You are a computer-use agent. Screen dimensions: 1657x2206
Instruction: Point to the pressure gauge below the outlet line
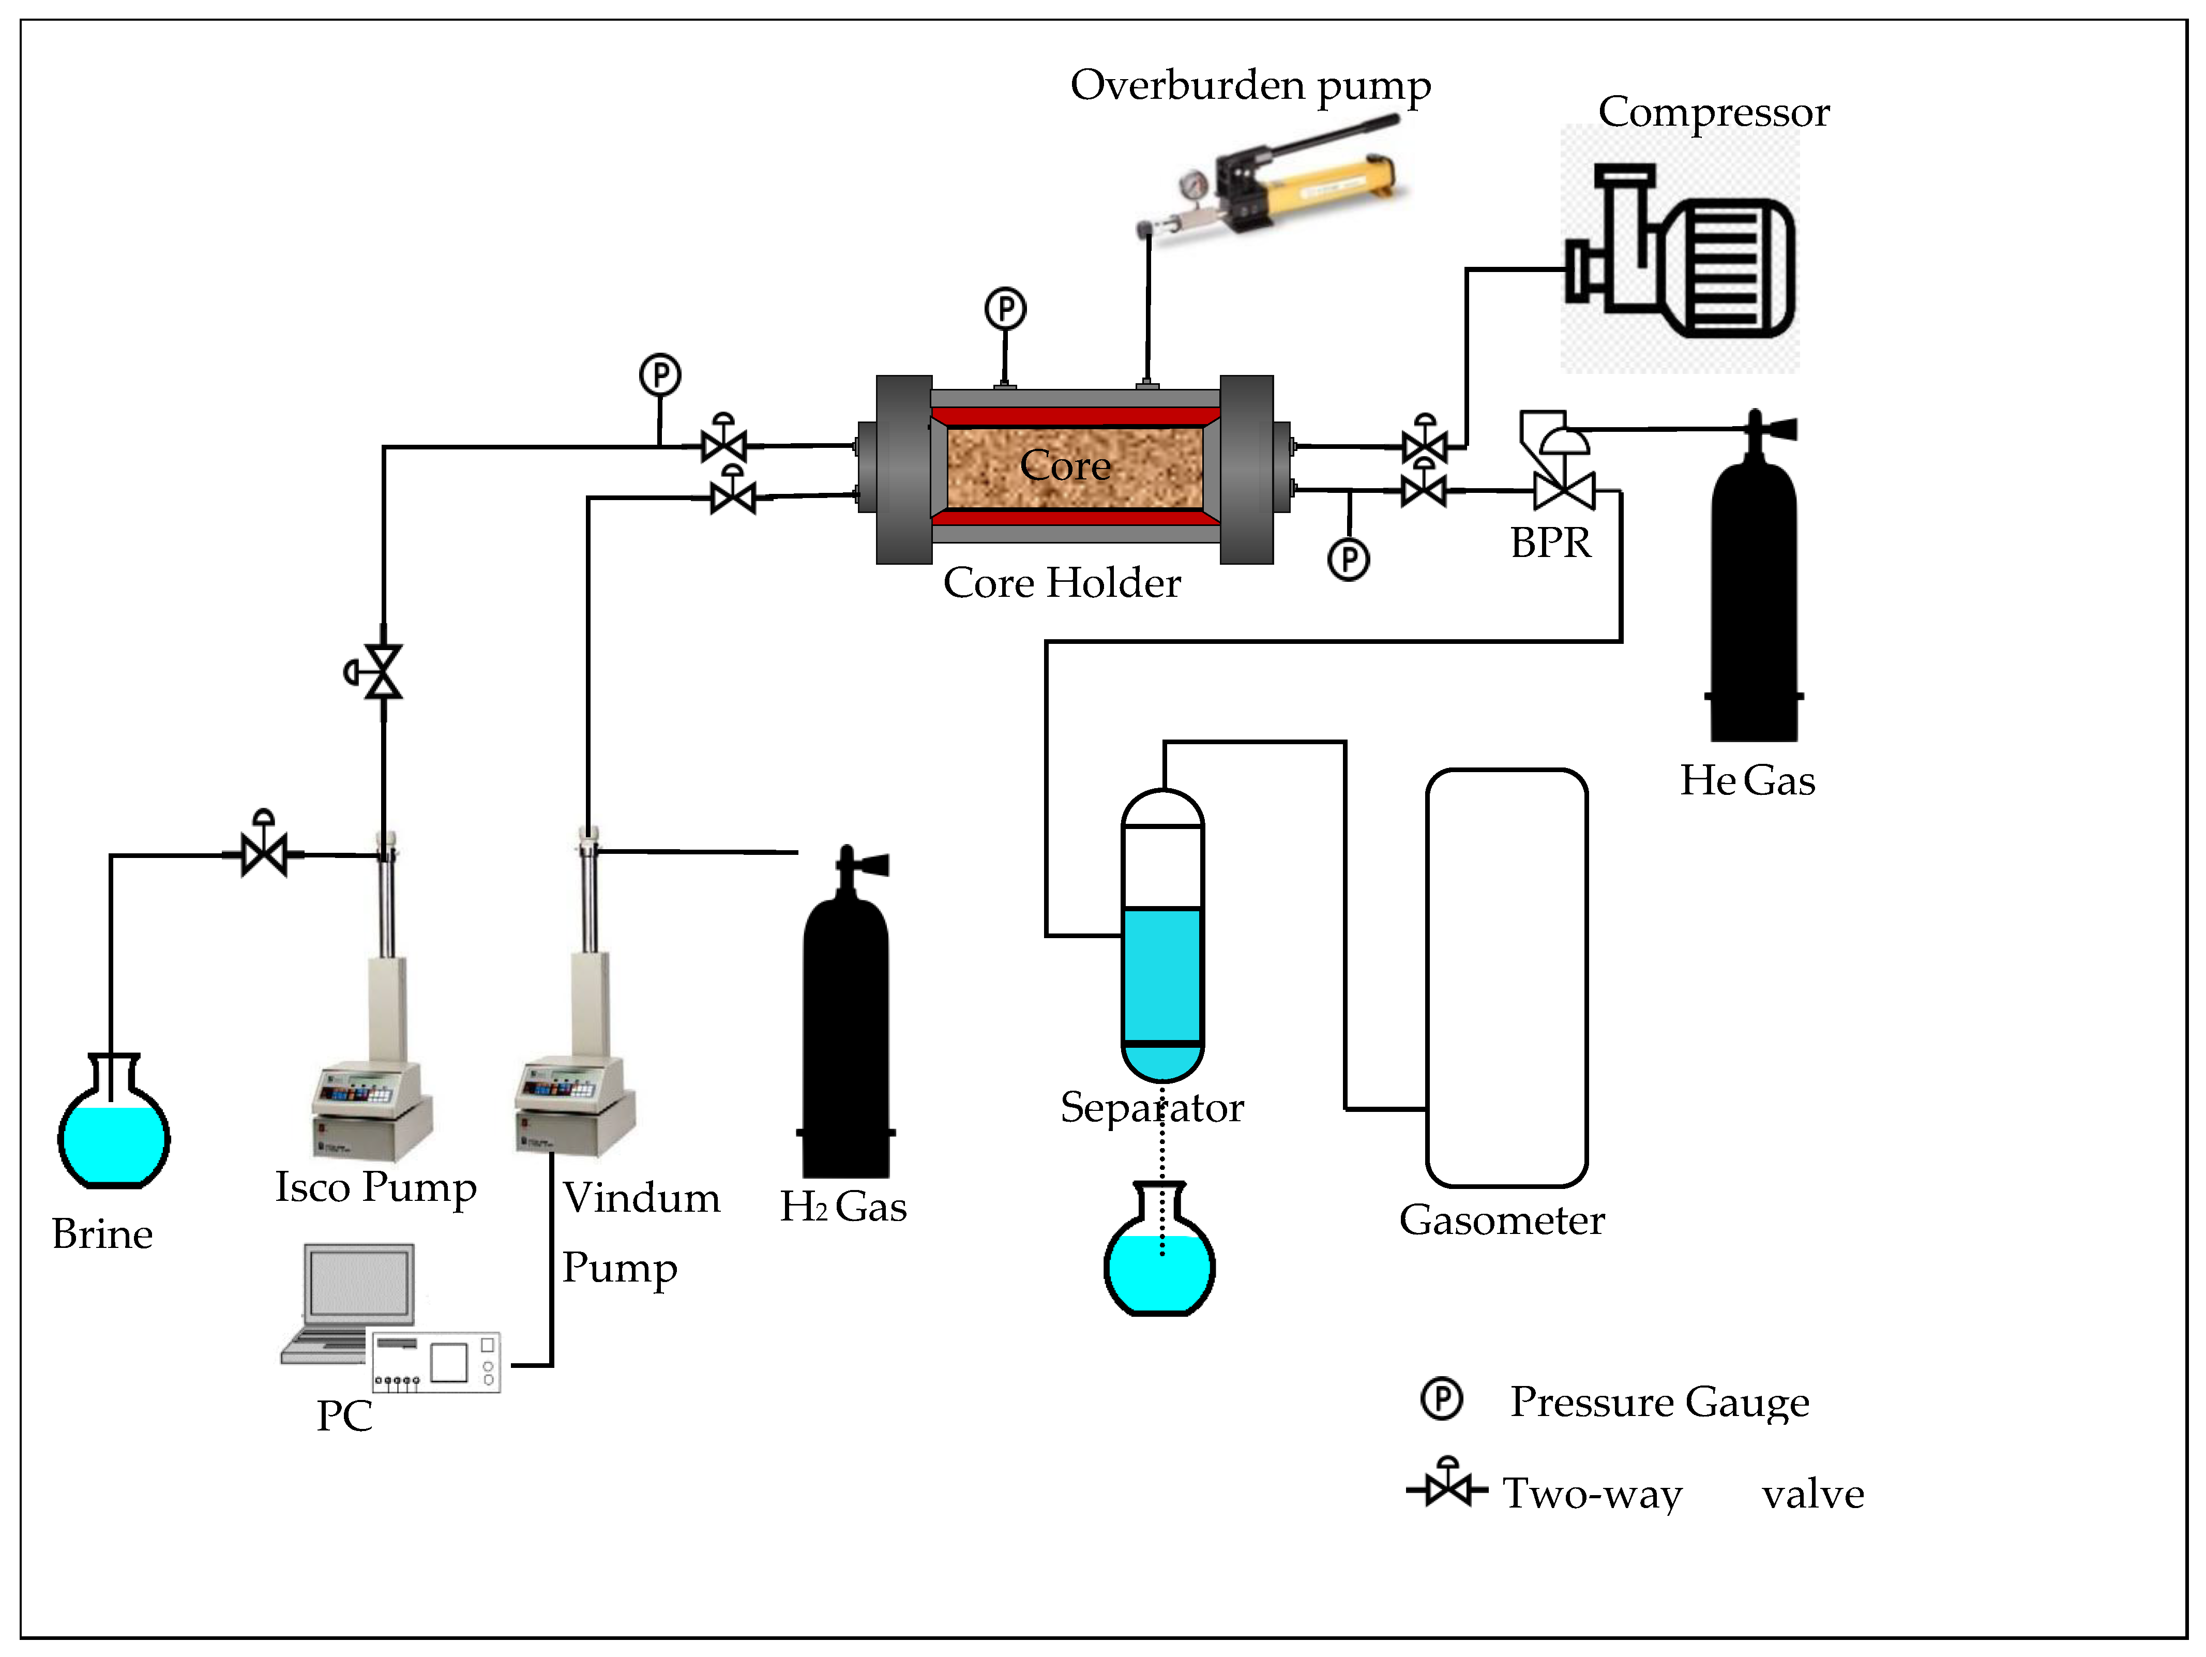point(1348,560)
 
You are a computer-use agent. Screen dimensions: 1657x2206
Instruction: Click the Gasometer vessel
point(1506,977)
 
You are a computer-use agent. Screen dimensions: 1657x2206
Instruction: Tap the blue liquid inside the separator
point(1162,977)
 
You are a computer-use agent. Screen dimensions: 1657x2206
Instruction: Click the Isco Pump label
point(376,1187)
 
